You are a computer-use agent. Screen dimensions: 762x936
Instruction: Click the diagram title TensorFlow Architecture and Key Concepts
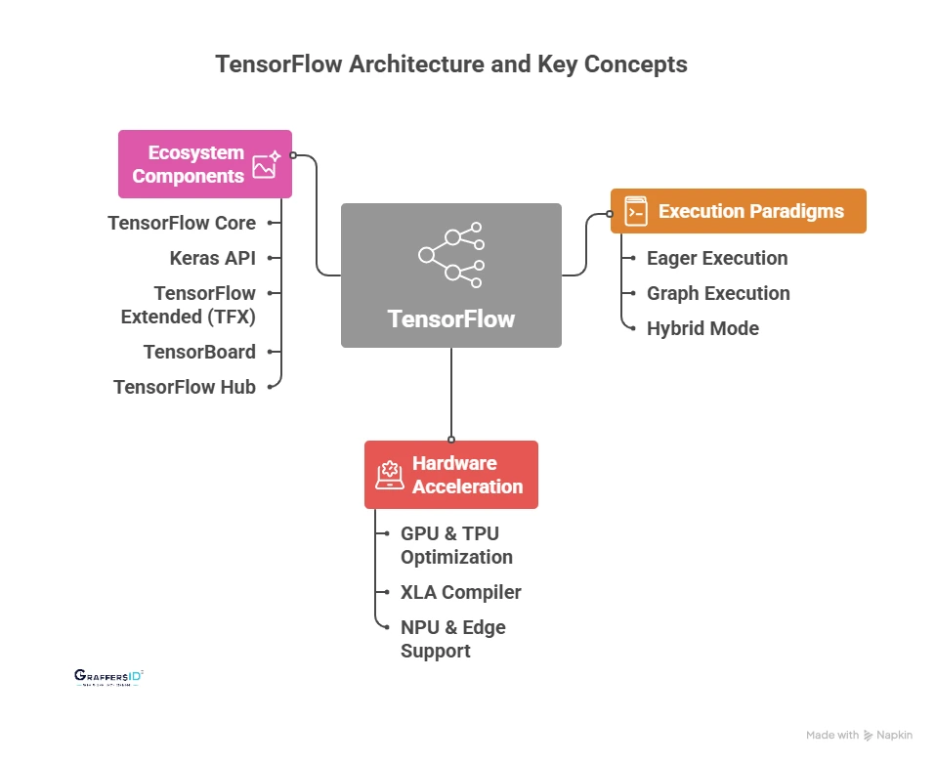[x=450, y=64]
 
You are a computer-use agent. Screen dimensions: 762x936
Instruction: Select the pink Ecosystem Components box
[x=205, y=164]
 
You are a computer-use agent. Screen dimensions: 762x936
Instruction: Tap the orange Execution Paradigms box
[x=738, y=211]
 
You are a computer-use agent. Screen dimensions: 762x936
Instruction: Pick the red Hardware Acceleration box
[x=450, y=475]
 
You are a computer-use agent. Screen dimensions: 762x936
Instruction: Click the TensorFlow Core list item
[x=182, y=223]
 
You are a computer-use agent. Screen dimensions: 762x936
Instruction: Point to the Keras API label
[x=212, y=258]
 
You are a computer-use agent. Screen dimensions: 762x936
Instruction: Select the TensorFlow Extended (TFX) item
[x=188, y=305]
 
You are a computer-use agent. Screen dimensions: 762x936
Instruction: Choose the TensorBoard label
[x=199, y=352]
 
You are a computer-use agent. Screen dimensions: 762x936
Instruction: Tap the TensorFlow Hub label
[x=185, y=387]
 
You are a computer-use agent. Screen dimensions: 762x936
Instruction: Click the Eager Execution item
[x=717, y=258]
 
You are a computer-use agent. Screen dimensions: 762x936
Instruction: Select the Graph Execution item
[x=718, y=293]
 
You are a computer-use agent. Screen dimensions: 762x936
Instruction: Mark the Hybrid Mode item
[x=702, y=328]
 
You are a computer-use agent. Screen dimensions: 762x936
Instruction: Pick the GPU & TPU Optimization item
[x=456, y=545]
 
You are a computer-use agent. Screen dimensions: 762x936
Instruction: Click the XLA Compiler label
[x=460, y=592]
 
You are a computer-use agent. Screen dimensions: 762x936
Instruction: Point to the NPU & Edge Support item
[x=452, y=639]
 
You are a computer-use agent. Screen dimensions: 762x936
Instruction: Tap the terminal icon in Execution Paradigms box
[x=636, y=211]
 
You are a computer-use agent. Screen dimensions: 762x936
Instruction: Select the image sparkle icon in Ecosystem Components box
[x=266, y=164]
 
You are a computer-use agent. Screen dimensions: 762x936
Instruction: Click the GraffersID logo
[x=108, y=677]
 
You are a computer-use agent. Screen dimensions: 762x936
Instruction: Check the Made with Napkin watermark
[x=859, y=735]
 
